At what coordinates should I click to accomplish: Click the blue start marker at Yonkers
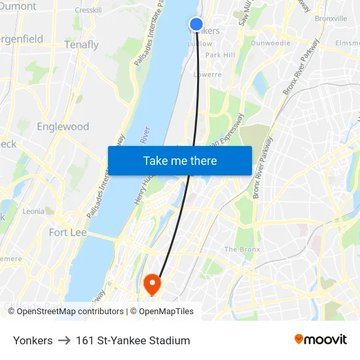pos(196,24)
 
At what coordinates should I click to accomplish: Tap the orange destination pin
pos(152,283)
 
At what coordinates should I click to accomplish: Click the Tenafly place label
pos(82,45)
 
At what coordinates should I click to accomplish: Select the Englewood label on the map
pos(63,126)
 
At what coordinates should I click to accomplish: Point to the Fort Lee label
pos(67,232)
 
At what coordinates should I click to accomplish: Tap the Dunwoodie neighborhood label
pos(270,43)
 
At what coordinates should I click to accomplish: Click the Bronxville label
pos(331,18)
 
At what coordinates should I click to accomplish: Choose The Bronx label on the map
pos(242,249)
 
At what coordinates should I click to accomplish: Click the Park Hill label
pos(220,56)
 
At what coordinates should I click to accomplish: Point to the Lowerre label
pos(208,75)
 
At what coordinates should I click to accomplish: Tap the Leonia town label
pos(33,211)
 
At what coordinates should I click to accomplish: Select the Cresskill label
pos(88,10)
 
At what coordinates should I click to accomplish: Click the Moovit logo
pos(321,339)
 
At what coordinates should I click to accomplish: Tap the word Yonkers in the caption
pos(33,340)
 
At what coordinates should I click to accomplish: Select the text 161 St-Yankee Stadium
pos(133,340)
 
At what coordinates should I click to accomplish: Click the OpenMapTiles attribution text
pos(166,312)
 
